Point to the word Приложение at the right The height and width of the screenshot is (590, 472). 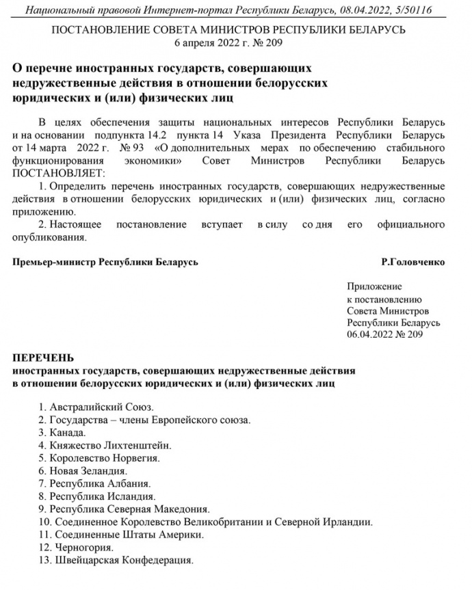click(374, 286)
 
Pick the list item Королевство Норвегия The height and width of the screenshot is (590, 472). click(103, 458)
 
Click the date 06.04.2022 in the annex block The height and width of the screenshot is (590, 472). click(369, 335)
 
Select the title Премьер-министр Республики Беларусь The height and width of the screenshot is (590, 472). click(106, 262)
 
